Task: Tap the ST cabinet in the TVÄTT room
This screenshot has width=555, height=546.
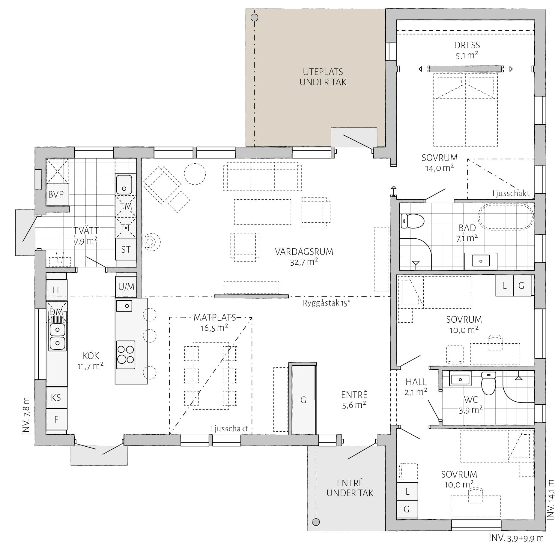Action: (x=126, y=249)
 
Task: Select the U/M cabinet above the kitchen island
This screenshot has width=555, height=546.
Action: (x=126, y=287)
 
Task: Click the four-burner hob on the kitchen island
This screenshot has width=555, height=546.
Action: (x=126, y=354)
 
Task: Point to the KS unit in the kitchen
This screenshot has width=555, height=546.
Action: (x=56, y=397)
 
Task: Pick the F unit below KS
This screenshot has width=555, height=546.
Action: (x=56, y=419)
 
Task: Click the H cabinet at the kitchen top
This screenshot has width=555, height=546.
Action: (x=56, y=290)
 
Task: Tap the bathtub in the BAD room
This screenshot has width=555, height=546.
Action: (x=506, y=217)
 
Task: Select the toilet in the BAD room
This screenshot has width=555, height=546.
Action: (x=412, y=221)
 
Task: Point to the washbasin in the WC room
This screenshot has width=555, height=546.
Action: (x=460, y=379)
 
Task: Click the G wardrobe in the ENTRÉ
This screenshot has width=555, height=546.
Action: (x=303, y=400)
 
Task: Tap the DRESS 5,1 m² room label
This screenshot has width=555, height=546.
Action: (x=467, y=50)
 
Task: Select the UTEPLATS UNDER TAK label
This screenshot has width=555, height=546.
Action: (x=323, y=77)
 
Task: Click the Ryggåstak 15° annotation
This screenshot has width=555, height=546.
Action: (x=327, y=303)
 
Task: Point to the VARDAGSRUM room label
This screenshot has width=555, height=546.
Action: (x=304, y=252)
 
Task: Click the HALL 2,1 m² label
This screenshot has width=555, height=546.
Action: (x=416, y=387)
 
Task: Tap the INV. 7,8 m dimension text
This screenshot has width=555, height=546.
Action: (x=26, y=416)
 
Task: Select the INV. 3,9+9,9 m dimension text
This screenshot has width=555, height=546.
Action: (x=516, y=538)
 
